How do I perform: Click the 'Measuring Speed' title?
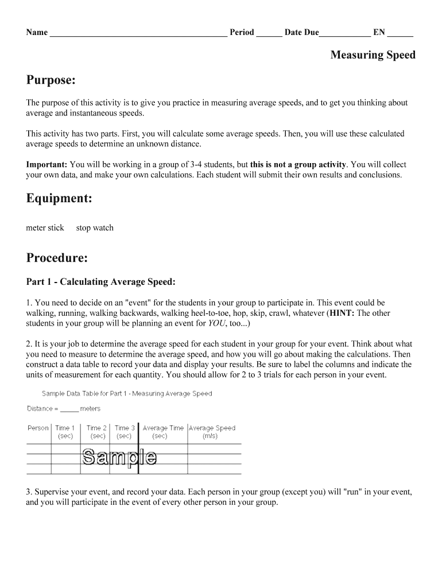pyautogui.click(x=373, y=55)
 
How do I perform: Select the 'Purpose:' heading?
pyautogui.click(x=51, y=80)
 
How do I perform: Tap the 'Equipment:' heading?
pyautogui.click(x=60, y=199)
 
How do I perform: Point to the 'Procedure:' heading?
pyautogui.click(x=57, y=258)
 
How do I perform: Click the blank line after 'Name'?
pyautogui.click(x=138, y=33)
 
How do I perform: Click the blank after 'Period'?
pyautogui.click(x=269, y=33)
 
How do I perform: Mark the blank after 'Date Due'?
pyautogui.click(x=344, y=33)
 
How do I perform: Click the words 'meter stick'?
pyautogui.click(x=45, y=228)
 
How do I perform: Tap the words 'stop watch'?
pyautogui.click(x=95, y=228)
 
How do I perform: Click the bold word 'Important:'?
pyautogui.click(x=46, y=164)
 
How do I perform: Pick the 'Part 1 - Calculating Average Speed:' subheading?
pyautogui.click(x=100, y=282)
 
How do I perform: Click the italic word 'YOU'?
pyautogui.click(x=216, y=324)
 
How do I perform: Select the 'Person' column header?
pyautogui.click(x=38, y=428)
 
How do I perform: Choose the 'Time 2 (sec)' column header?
pyautogui.click(x=96, y=432)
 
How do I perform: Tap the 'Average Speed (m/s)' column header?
pyautogui.click(x=212, y=432)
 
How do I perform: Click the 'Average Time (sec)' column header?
pyautogui.click(x=163, y=432)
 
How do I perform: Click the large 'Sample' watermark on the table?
pyautogui.click(x=119, y=458)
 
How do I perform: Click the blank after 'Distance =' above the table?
pyautogui.click(x=69, y=409)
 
